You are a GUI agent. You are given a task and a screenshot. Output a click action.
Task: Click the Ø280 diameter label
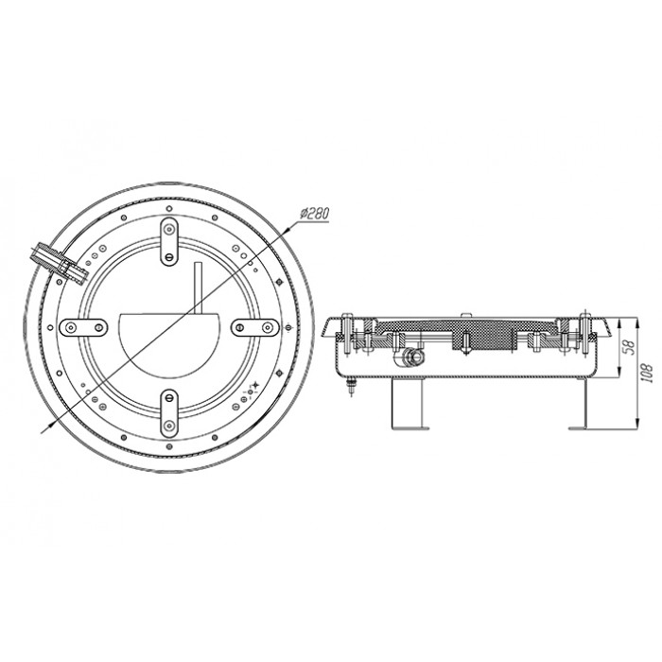click(x=315, y=213)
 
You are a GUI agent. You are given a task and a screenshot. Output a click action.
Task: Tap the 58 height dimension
click(x=630, y=347)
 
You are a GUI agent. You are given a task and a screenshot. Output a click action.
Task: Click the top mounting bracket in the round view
click(x=169, y=242)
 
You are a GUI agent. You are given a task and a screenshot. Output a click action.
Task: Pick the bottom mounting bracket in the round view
click(x=169, y=414)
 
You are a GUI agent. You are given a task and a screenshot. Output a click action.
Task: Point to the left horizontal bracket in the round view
click(x=83, y=327)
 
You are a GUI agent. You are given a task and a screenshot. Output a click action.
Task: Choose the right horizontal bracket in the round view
click(x=255, y=327)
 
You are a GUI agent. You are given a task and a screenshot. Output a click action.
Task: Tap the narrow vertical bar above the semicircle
click(x=198, y=287)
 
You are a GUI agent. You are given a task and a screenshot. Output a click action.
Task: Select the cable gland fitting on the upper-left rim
click(x=59, y=263)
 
